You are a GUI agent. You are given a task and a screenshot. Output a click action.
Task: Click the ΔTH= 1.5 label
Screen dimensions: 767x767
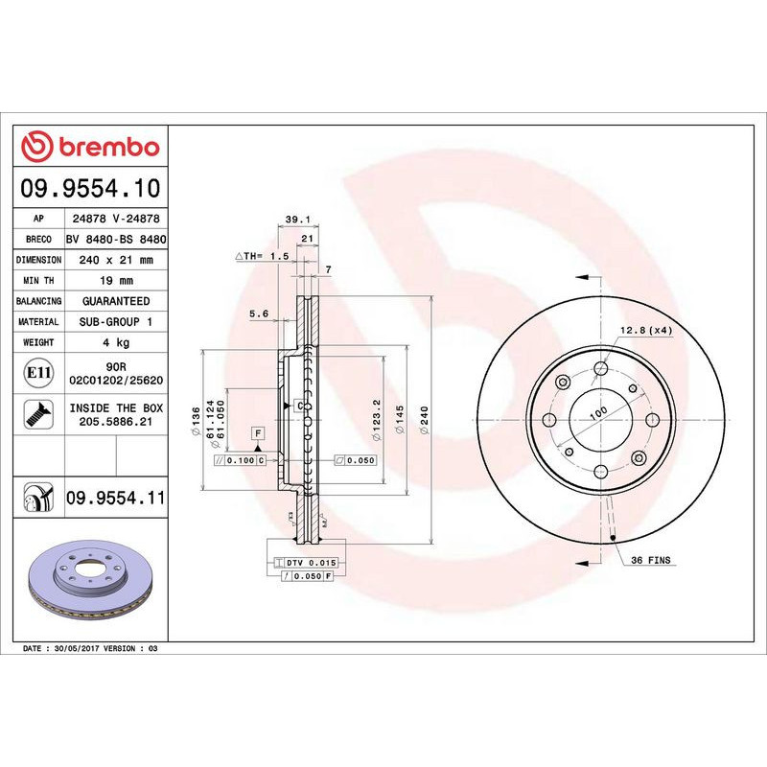(262, 257)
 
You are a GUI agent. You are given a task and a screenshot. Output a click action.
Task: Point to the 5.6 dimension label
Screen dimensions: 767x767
(258, 314)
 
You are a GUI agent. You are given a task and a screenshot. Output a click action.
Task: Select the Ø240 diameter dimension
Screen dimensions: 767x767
(423, 418)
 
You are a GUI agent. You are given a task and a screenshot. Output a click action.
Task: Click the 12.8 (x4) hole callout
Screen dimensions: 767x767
(646, 330)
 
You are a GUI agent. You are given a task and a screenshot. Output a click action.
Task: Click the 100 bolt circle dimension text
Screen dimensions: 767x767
(598, 411)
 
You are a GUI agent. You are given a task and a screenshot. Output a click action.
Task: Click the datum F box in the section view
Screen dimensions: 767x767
(258, 433)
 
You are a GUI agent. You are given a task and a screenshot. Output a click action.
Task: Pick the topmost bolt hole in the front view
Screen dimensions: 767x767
(601, 368)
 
